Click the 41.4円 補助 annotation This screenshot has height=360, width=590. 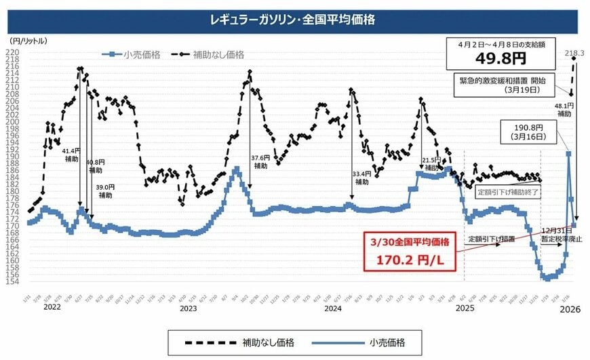(x=70, y=155)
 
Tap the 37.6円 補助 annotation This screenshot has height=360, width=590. (x=260, y=161)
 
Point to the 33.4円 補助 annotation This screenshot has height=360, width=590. (x=361, y=178)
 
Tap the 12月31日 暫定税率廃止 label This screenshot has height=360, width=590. (x=560, y=235)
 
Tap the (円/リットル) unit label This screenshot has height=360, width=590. (x=29, y=41)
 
